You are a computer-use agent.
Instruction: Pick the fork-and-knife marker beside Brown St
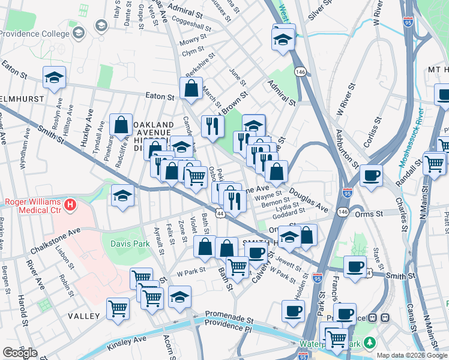(x=212, y=126)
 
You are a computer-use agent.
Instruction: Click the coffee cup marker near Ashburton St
(x=371, y=176)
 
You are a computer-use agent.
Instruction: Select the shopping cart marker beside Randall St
(x=434, y=163)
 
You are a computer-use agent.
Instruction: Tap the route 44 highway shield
(x=221, y=214)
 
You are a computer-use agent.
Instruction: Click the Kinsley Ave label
(x=127, y=343)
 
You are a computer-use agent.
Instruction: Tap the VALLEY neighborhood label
(x=83, y=316)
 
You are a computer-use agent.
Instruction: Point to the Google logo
(x=20, y=353)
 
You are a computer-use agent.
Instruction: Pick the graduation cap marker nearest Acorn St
(x=179, y=297)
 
